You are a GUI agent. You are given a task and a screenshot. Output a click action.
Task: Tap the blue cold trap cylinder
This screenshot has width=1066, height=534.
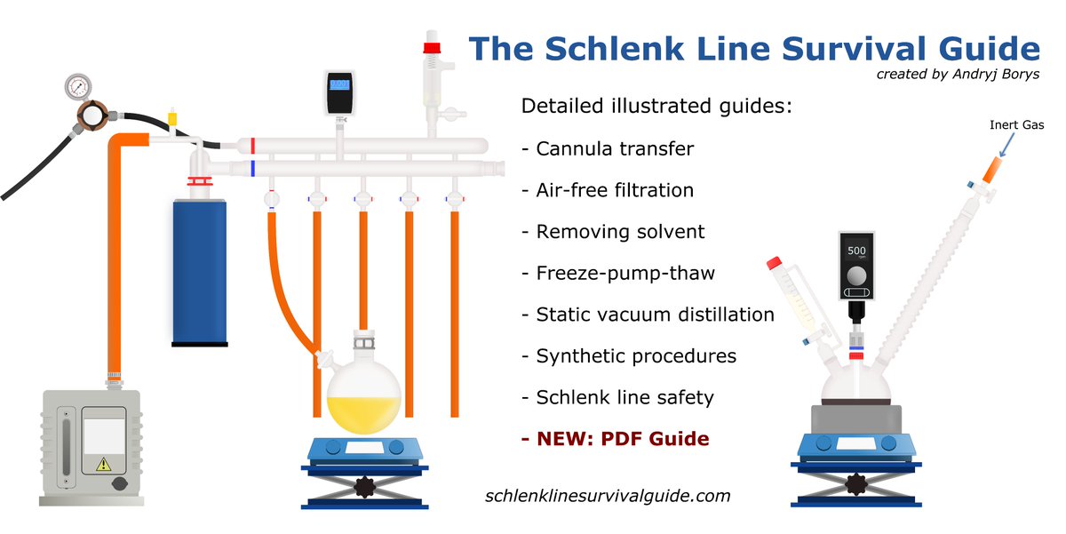point(200,271)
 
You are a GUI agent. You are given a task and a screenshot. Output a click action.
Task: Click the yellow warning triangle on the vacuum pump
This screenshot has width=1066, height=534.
point(103,463)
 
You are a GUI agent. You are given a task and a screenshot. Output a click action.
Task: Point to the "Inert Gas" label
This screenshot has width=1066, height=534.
point(1017,125)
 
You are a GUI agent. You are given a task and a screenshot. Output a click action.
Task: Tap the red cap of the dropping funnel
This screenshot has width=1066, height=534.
point(774,263)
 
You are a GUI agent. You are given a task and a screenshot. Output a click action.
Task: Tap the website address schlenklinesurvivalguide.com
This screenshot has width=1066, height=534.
point(608,496)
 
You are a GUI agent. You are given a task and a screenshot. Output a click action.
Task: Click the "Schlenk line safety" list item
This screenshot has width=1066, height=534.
point(624,397)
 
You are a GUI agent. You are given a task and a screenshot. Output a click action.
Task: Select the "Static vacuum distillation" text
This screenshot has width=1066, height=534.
point(655,315)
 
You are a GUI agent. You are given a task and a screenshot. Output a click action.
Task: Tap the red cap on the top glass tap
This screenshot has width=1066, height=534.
point(434,46)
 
